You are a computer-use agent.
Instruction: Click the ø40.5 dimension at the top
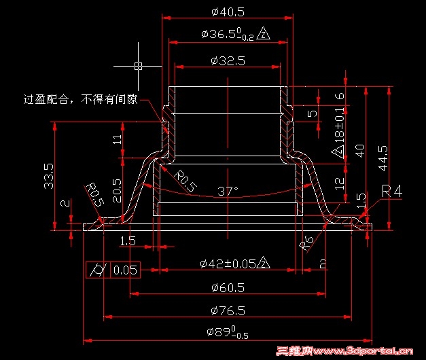(x=228, y=12)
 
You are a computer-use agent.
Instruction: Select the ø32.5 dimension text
(x=228, y=61)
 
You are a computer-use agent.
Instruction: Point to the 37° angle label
(x=226, y=191)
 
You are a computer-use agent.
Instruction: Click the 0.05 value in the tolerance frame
(x=125, y=270)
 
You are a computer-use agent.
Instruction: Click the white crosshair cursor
(x=138, y=66)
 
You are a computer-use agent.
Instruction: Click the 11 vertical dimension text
(x=117, y=140)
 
